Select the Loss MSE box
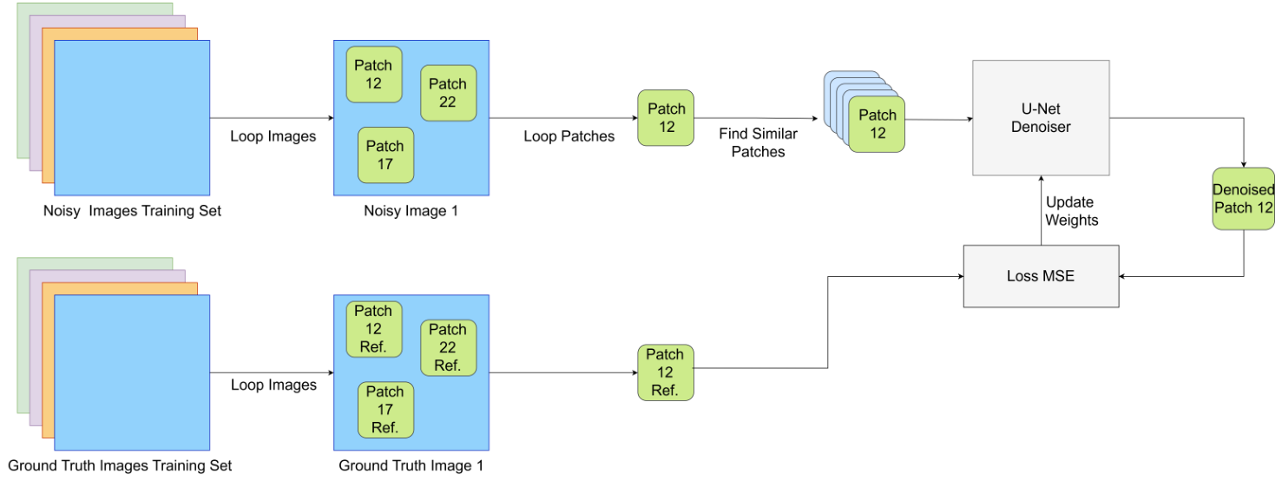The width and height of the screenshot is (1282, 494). point(1041,276)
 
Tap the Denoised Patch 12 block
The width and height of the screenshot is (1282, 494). point(1244,199)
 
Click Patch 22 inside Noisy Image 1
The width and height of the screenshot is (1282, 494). point(448,93)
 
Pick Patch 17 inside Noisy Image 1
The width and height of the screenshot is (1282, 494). point(385,155)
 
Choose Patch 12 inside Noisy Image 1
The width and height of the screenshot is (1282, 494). point(373,75)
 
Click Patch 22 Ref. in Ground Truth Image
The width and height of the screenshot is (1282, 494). point(448,347)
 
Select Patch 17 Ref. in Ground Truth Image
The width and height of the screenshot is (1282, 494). point(385,410)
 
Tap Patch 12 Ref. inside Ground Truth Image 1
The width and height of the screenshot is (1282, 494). point(373,329)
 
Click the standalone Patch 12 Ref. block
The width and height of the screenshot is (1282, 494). point(665,372)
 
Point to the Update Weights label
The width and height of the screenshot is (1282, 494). point(1071,211)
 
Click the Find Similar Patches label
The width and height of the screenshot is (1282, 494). point(758,143)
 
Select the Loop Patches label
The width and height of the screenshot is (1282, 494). point(569,136)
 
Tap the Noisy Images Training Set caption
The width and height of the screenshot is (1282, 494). point(132,211)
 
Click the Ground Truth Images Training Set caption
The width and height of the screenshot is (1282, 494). point(120,465)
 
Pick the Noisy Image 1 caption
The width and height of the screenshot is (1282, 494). point(411,211)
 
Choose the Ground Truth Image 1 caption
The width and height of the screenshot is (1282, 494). point(411,465)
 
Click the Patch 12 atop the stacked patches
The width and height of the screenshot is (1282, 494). point(878,124)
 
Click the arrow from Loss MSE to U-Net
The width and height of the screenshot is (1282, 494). point(1041,208)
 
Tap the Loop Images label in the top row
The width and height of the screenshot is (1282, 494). point(273,136)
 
